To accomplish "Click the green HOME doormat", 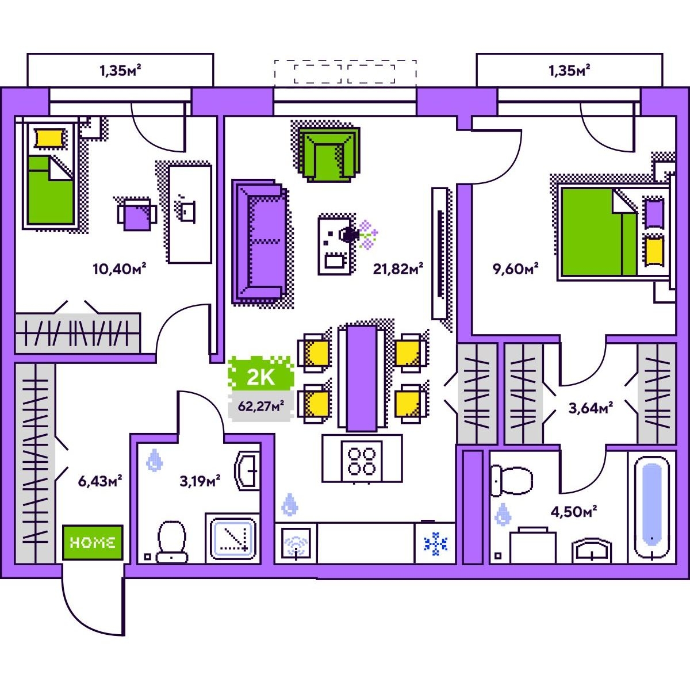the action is [93, 542].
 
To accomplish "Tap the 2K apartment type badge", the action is [261, 374].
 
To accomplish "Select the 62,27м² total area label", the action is [261, 406].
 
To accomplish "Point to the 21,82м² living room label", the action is [398, 268].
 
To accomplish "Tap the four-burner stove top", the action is [362, 462].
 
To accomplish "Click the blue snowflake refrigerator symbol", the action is [435, 543].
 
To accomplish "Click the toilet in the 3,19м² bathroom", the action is [172, 542].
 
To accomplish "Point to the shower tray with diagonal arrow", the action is [233, 539].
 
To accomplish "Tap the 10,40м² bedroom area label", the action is [120, 268].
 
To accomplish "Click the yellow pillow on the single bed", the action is [50, 138].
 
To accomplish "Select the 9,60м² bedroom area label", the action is [516, 268].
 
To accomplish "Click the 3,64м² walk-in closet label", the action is [591, 408].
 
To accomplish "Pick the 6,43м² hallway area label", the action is [100, 481].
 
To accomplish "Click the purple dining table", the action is [362, 378].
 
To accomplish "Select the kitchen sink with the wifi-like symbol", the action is [296, 543].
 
